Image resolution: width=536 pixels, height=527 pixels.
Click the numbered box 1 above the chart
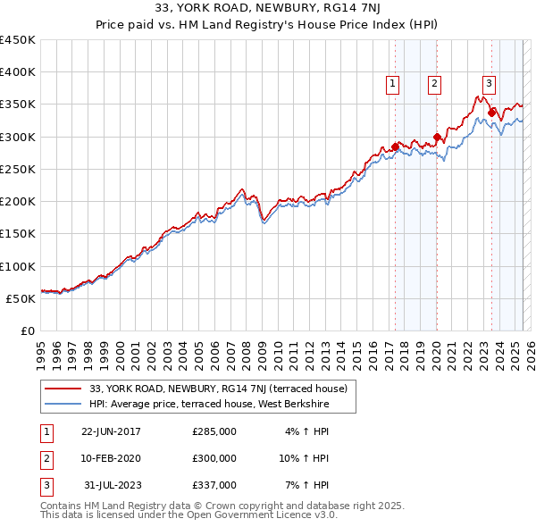pyautogui.click(x=393, y=85)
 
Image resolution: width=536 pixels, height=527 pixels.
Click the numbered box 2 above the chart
pyautogui.click(x=434, y=85)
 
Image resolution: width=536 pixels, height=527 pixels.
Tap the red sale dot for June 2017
pyautogui.click(x=395, y=147)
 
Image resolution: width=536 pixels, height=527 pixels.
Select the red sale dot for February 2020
pyautogui.click(x=437, y=138)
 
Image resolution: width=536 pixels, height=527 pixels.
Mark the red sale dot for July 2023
pyautogui.click(x=491, y=113)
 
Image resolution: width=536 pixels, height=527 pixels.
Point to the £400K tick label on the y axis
pyautogui.click(x=18, y=72)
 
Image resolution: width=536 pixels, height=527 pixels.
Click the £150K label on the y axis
pyautogui.click(x=18, y=234)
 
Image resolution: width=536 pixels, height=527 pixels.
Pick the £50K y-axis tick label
pyautogui.click(x=21, y=298)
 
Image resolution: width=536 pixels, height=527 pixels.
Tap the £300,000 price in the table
pyautogui.click(x=214, y=458)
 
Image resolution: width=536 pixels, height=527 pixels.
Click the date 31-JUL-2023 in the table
pyautogui.click(x=111, y=485)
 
